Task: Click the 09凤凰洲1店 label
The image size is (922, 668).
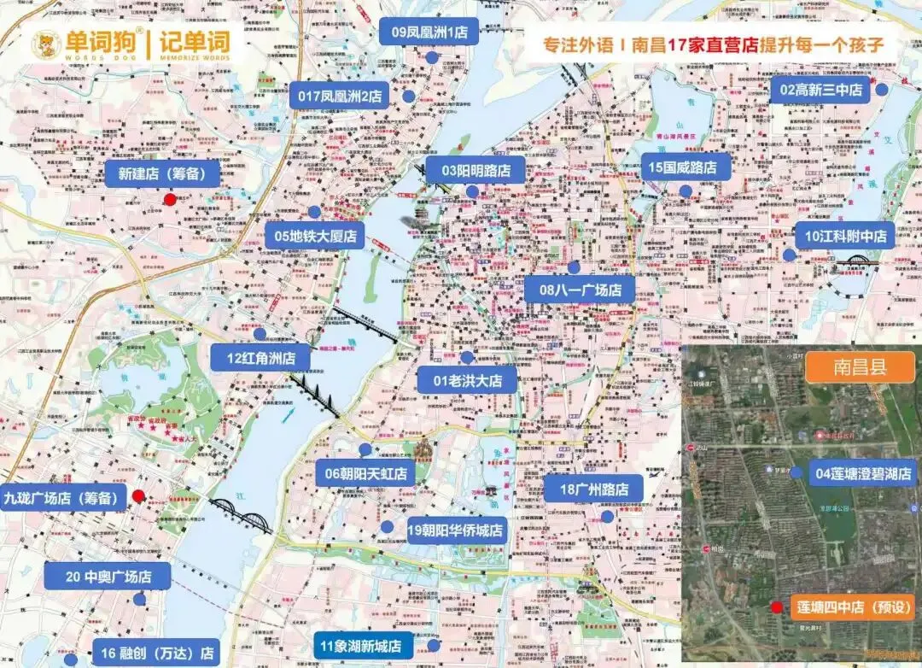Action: (429, 32)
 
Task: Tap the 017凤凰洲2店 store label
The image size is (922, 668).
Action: (341, 96)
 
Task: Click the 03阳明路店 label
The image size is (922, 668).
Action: (476, 171)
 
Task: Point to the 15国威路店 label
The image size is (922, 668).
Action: (682, 167)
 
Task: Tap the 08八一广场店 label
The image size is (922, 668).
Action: (580, 290)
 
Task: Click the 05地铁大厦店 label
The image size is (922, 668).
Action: (315, 236)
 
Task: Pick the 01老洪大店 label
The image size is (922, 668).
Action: (467, 380)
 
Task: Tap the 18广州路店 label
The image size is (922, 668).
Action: (592, 489)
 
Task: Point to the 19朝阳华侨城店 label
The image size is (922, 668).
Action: (456, 531)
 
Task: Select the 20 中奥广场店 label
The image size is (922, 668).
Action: (108, 577)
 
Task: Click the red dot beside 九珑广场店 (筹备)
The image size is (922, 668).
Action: (138, 496)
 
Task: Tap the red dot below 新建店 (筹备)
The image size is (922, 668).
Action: (170, 199)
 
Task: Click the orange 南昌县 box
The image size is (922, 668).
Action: (860, 368)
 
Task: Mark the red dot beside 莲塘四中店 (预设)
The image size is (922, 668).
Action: (776, 608)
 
